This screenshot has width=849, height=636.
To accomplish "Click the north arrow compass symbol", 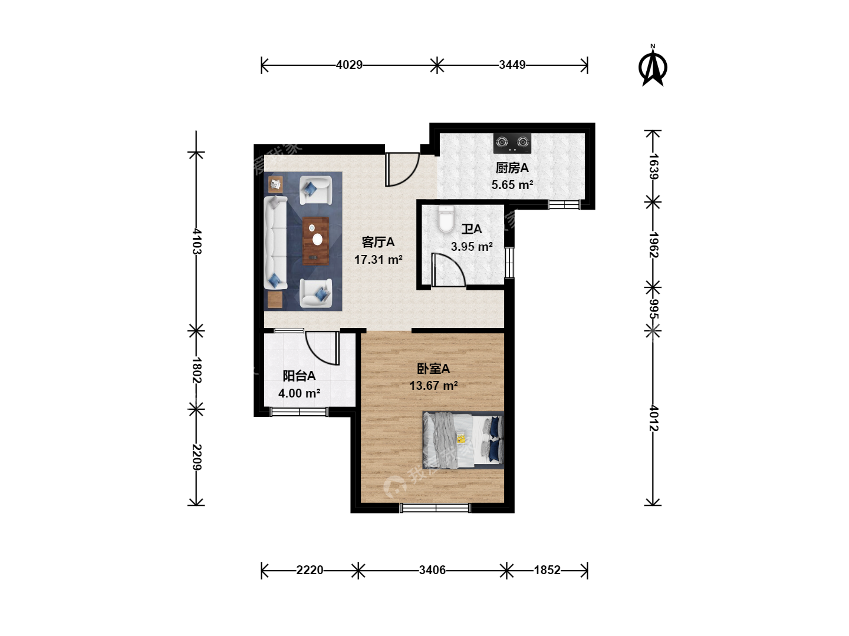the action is coord(653,67).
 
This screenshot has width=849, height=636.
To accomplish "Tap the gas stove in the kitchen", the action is coord(512,143).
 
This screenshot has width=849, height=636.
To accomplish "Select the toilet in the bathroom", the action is coord(446,219).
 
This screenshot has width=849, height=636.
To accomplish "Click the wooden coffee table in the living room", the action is coord(315,241).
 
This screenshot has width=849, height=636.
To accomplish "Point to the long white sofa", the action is coord(275,243).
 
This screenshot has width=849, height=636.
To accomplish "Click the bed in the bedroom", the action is coord(463,440).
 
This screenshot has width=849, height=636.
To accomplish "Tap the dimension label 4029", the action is coord(349,65).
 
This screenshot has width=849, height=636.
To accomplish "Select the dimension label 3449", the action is coord(512,65).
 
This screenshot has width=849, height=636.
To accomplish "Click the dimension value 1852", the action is coord(547,570).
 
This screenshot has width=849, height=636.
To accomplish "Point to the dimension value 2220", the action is coord(310,570).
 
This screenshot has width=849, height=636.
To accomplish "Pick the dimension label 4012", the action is coord(653,418).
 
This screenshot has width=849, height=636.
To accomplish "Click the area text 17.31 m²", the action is coord(379,260).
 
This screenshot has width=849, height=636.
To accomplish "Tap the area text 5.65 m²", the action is coord(512,184).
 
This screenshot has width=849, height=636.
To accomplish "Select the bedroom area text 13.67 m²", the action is coord(433,385).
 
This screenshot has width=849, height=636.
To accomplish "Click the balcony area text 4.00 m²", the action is coord(299,393).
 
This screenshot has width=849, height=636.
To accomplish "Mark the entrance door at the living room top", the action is coord(402,169).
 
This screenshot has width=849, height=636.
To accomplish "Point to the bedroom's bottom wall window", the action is coord(436,508).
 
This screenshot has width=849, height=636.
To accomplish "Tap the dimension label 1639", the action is coord(653,167).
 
